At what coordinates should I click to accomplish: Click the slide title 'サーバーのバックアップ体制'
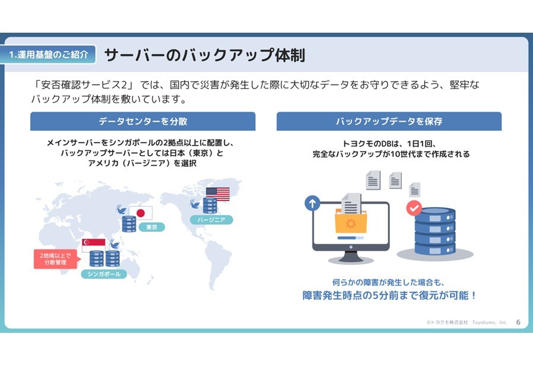[x=204, y=55]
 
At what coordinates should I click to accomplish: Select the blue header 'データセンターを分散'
[x=143, y=121]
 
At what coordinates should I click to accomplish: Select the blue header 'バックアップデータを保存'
[x=389, y=121]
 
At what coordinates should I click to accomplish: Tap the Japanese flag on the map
[x=141, y=213]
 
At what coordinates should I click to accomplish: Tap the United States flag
[x=218, y=194]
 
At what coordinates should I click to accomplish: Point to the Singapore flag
[x=94, y=245]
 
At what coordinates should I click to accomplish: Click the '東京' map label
[x=151, y=227]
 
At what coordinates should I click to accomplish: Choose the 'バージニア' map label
[x=212, y=220]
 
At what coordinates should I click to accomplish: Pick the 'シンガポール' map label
[x=104, y=274]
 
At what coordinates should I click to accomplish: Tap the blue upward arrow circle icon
[x=312, y=204]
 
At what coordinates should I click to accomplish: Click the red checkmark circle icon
[x=414, y=208]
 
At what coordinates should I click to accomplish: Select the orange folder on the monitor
[x=350, y=222]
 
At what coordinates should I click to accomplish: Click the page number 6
[x=518, y=322]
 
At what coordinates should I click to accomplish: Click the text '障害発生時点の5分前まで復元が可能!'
[x=389, y=295]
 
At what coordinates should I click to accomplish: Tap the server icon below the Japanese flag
[x=129, y=224]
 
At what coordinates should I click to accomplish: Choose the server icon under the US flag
[x=210, y=205]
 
